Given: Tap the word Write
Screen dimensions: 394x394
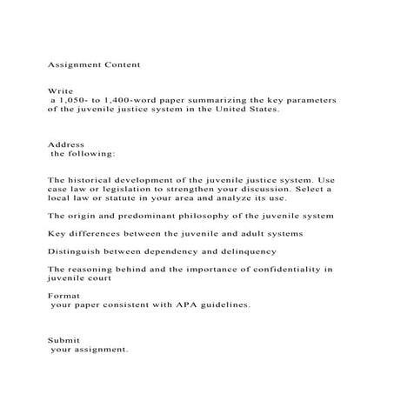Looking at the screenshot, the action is (57, 90).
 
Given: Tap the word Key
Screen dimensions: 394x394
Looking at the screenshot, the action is (56, 234).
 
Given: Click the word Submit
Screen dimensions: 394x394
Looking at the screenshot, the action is (62, 341).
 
